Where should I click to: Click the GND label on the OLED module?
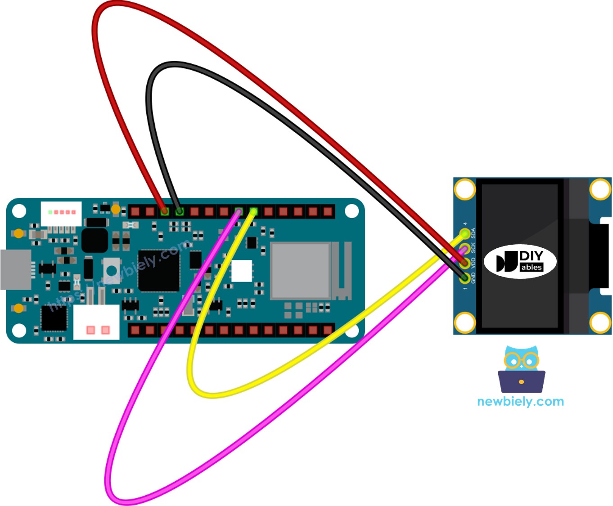(473, 278)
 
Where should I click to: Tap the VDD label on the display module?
(473, 263)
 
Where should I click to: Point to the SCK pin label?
(473, 248)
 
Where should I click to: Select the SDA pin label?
(473, 233)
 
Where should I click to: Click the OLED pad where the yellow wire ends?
(464, 234)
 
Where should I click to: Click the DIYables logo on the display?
(520, 262)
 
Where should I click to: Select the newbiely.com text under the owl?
(520, 401)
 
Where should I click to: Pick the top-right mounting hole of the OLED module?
(600, 189)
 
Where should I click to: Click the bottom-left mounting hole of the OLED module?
(464, 323)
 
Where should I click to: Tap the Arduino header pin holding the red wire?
(165, 211)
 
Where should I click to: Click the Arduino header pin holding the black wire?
(180, 211)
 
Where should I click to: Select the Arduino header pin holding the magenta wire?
(239, 211)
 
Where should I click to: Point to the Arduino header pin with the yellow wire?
(253, 211)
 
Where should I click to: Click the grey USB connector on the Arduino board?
(16, 269)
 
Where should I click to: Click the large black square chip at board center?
(158, 270)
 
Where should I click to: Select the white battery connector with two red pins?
(96, 322)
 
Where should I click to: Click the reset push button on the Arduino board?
(111, 270)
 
